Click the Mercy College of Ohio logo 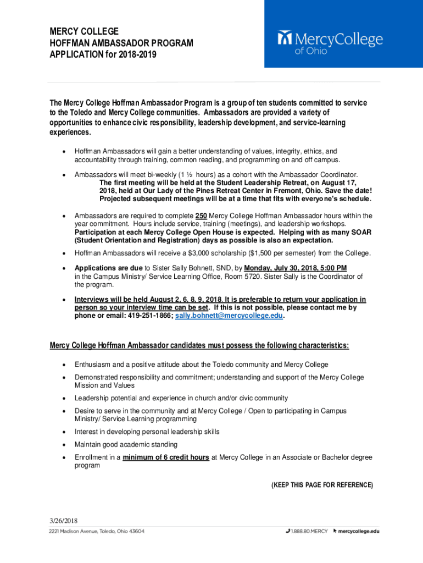pyautogui.click(x=330, y=42)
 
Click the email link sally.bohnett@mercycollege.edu pyautogui.click(x=230, y=316)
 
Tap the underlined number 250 pyautogui.click(x=201, y=216)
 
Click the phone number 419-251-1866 pyautogui.click(x=145, y=316)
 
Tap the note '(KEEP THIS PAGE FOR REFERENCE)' pyautogui.click(x=322, y=485)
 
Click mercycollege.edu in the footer pyautogui.click(x=358, y=532)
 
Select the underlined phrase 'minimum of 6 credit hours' pyautogui.click(x=166, y=457)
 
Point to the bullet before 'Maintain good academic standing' pyautogui.click(x=64, y=445)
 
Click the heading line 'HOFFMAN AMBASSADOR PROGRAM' pyautogui.click(x=121, y=43)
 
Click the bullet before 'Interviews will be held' pyautogui.click(x=64, y=300)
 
